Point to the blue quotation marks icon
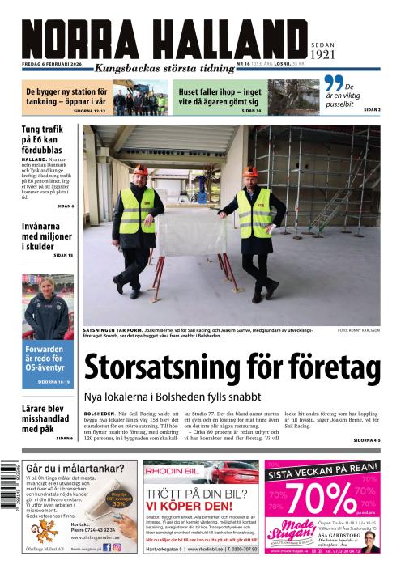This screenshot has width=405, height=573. [x=333, y=84]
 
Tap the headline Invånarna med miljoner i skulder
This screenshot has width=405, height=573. [x=48, y=235]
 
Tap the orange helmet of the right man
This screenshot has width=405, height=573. [x=251, y=172]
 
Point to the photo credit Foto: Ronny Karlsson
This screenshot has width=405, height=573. [x=359, y=331]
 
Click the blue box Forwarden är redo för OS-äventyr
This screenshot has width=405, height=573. [x=48, y=363]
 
